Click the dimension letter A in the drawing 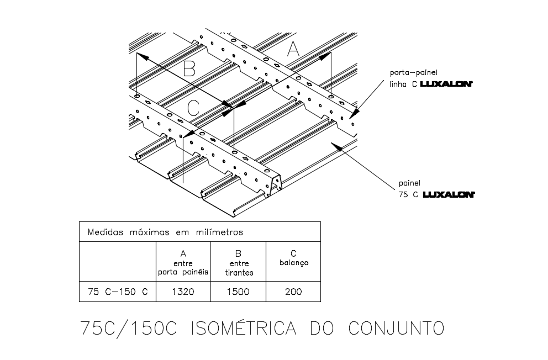pos(293,50)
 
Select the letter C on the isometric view pos(192,105)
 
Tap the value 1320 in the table pos(183,292)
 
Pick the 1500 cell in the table pos(238,292)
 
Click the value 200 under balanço pos(293,292)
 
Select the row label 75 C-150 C pos(118,292)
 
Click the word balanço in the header pos(293,263)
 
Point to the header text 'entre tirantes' pos(239,268)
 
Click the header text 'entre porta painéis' pos(183,268)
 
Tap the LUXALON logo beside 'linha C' pos(446,84)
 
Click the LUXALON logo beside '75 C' pos(449,194)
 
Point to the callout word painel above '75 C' pos(409,183)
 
